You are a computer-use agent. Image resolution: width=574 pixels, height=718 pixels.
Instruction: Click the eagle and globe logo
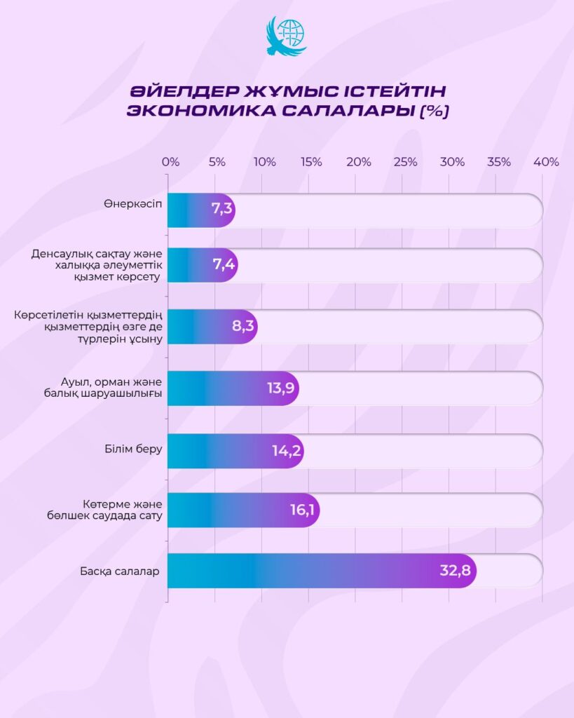click(287, 36)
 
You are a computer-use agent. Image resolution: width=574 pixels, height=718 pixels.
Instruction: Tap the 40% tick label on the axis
click(546, 162)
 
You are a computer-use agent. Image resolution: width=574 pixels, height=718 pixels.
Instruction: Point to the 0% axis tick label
click(170, 162)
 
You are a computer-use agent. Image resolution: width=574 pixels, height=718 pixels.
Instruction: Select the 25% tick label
click(405, 162)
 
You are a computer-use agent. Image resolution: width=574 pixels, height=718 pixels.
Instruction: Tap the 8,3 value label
click(242, 326)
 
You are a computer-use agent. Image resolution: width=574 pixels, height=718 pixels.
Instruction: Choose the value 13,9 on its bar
click(280, 388)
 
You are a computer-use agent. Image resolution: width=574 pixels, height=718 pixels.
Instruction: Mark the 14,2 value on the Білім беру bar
click(287, 450)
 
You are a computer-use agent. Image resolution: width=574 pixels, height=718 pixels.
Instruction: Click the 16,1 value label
click(302, 510)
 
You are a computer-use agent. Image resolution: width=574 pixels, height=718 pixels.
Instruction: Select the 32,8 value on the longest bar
click(455, 570)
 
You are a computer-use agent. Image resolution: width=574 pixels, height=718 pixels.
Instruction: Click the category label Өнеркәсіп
click(132, 204)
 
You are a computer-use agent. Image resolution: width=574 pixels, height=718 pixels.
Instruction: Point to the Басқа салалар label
click(119, 571)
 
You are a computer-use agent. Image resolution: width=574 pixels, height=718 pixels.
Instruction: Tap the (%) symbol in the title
click(434, 112)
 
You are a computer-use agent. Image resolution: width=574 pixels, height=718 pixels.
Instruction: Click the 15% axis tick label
click(311, 162)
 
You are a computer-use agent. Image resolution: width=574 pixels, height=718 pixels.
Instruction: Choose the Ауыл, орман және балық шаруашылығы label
click(112, 388)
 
